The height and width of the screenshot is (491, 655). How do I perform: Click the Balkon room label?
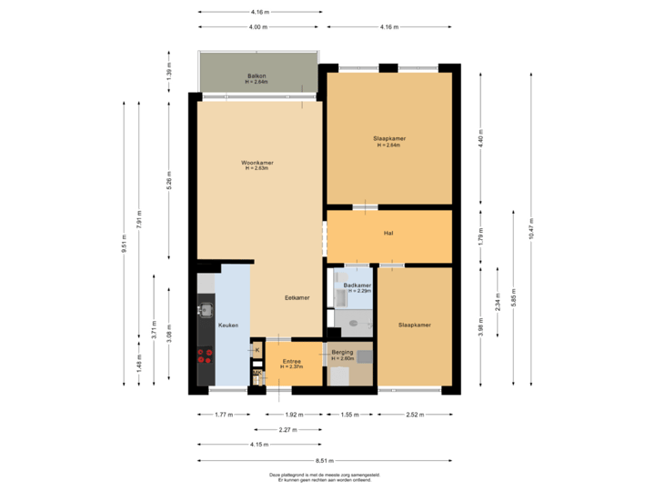click(x=257, y=75)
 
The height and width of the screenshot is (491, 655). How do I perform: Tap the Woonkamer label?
click(x=257, y=163)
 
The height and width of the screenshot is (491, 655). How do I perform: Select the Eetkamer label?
click(x=297, y=297)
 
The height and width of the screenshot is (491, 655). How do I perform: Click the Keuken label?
click(x=227, y=324)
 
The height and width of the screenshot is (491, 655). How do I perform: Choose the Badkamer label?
click(x=357, y=286)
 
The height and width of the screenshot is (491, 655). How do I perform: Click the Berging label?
click(x=342, y=352)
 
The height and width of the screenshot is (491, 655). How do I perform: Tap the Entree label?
click(x=292, y=361)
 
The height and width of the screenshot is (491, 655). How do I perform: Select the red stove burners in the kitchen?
click(x=206, y=356)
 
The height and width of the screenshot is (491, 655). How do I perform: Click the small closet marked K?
click(x=257, y=349)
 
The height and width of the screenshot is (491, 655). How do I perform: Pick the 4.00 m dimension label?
click(x=258, y=27)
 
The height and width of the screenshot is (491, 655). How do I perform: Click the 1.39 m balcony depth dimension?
click(x=168, y=71)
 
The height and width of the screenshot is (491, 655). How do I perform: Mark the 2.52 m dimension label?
click(x=415, y=414)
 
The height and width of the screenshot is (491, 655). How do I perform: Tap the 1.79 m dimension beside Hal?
click(x=481, y=236)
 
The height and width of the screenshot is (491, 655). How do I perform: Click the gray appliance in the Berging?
click(x=364, y=356)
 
